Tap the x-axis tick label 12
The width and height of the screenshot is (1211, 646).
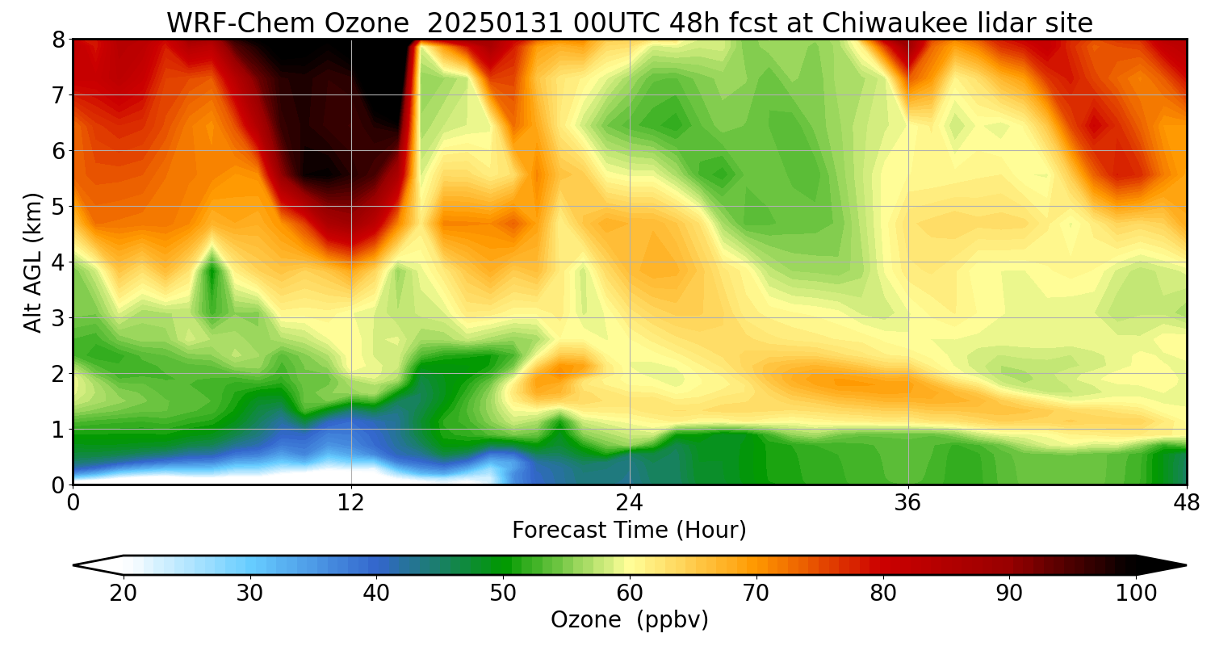351,503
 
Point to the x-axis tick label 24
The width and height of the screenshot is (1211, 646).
630,503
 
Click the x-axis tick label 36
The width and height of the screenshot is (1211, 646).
908,503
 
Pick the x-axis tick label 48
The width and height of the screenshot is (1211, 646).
1186,503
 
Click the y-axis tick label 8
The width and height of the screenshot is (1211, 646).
57,39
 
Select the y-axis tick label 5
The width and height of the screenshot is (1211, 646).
57,206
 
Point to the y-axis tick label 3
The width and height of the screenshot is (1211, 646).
57,317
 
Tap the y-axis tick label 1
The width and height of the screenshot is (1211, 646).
57,429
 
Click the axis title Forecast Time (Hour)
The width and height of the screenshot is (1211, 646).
629,530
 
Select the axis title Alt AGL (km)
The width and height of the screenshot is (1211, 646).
33,262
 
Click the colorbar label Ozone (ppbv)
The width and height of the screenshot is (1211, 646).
629,619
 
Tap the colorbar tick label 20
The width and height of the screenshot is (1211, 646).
124,594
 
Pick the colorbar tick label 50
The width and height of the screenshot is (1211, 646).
503,594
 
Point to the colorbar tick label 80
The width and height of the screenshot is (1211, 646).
883,594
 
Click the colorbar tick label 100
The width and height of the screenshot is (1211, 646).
1136,594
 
